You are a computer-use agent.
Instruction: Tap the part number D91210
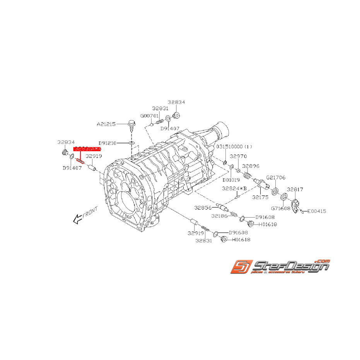coord(107,143)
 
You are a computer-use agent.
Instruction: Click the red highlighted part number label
coord(87,148)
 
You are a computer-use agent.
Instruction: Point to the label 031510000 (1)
coord(234,147)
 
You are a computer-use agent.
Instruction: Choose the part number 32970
coord(238,157)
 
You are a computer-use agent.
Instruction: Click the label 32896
coord(251,166)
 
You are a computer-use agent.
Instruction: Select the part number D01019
coord(232,180)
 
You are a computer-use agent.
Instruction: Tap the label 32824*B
coord(234,188)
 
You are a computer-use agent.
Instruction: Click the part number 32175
coord(260,197)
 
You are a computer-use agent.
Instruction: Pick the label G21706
coord(275,177)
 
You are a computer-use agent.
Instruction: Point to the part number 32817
coord(295,189)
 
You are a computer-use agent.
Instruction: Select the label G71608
coord(280,208)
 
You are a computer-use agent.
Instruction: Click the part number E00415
coord(317,211)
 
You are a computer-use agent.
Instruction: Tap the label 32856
coord(203,207)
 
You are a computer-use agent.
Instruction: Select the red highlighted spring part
coord(80,160)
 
